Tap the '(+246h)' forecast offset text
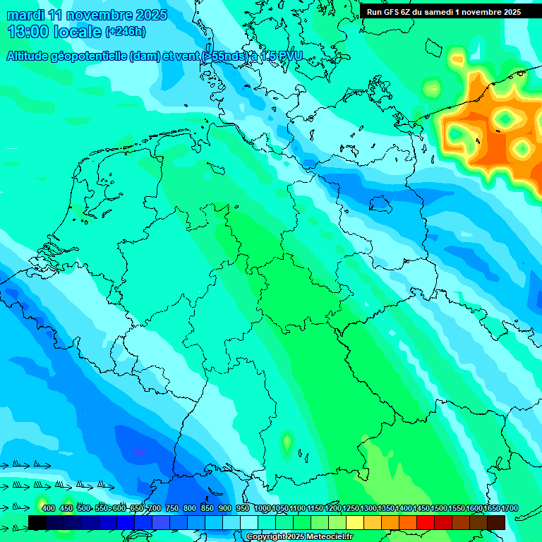point(125,32)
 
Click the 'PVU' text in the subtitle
point(290,56)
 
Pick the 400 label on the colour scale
point(48,509)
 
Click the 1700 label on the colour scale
point(491,509)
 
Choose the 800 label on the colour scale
point(190,509)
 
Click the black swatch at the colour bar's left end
point(37,522)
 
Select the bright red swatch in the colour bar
point(426,522)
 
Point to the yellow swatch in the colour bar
point(355,522)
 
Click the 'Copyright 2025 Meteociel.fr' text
point(299,537)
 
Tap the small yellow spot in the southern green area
point(287,444)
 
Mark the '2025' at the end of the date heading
point(150,15)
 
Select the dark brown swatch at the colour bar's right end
point(496,522)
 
